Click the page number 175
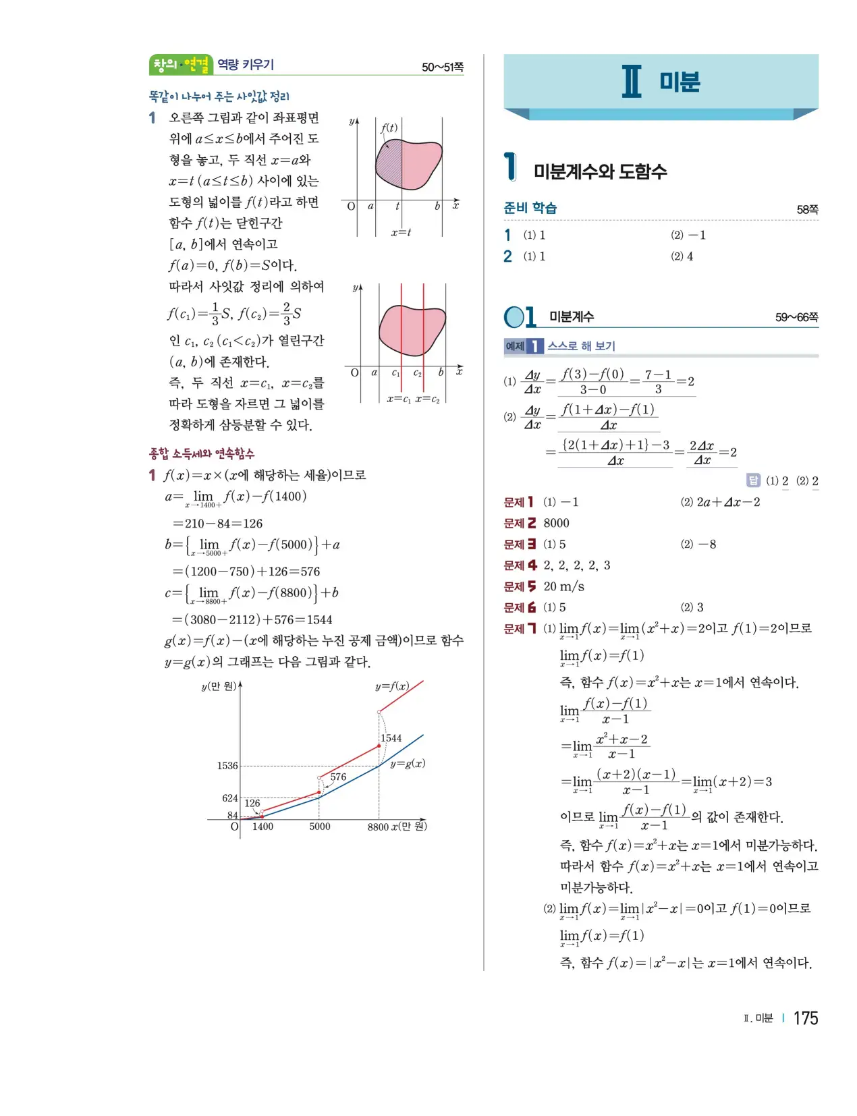pyautogui.click(x=805, y=1018)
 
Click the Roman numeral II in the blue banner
pyautogui.click(x=632, y=82)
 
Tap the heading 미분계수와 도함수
pyautogui.click(x=600, y=171)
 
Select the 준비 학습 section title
pyautogui.click(x=530, y=208)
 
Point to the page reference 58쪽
pyautogui.click(x=807, y=210)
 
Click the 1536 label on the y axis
pyautogui.click(x=227, y=766)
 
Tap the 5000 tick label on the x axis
pyautogui.click(x=320, y=827)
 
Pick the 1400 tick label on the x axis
pyautogui.click(x=262, y=827)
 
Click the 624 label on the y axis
pyautogui.click(x=230, y=798)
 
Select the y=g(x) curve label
pyautogui.click(x=408, y=764)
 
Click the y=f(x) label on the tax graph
pyautogui.click(x=392, y=686)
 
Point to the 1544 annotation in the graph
pyautogui.click(x=391, y=738)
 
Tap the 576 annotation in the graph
pyautogui.click(x=338, y=777)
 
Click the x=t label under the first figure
pyautogui.click(x=401, y=233)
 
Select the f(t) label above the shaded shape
pyautogui.click(x=389, y=128)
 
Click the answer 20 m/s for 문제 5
pyautogui.click(x=563, y=586)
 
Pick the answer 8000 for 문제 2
pyautogui.click(x=556, y=523)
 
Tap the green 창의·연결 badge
pyautogui.click(x=181, y=65)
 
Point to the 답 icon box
pyautogui.click(x=753, y=480)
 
